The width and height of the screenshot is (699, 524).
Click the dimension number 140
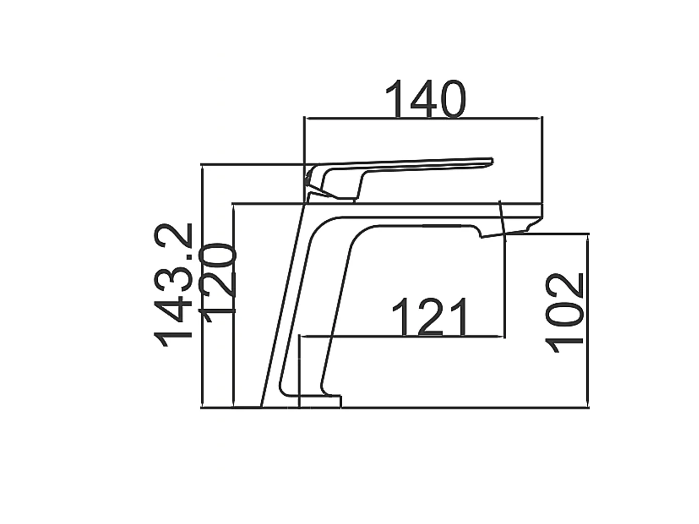click(425, 99)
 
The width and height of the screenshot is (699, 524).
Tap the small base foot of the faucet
click(320, 401)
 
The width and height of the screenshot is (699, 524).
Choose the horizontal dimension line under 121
click(401, 336)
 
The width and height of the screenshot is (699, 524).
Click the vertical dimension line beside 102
click(588, 320)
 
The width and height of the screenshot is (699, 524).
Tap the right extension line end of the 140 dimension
click(542, 152)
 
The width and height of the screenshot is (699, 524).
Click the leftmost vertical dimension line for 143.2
click(202, 284)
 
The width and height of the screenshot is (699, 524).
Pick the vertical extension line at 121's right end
click(505, 284)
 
